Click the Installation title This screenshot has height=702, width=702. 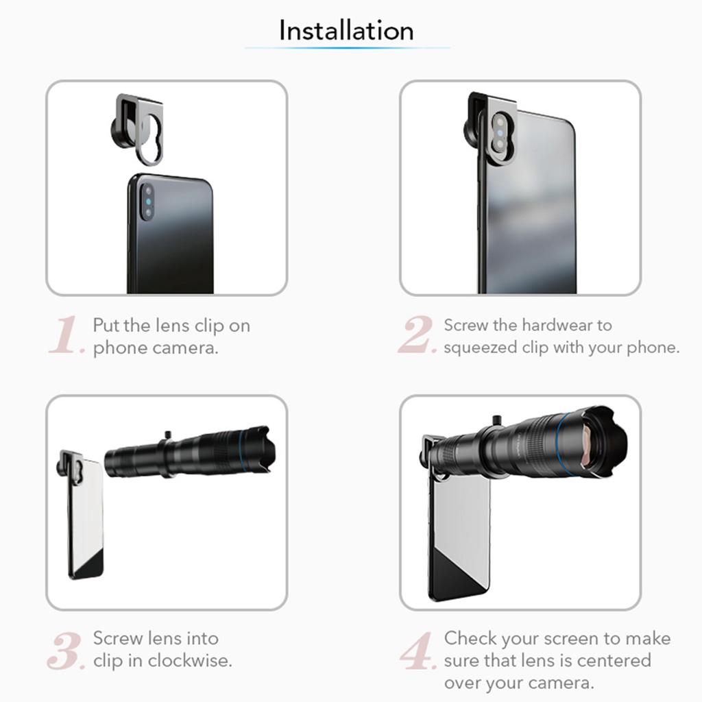(x=346, y=31)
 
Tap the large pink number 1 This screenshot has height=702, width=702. (x=66, y=336)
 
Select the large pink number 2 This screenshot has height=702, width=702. (x=417, y=336)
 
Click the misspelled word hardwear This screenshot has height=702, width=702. (x=566, y=325)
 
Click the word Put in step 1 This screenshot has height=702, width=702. (x=107, y=325)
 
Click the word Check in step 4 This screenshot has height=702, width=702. (x=470, y=638)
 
